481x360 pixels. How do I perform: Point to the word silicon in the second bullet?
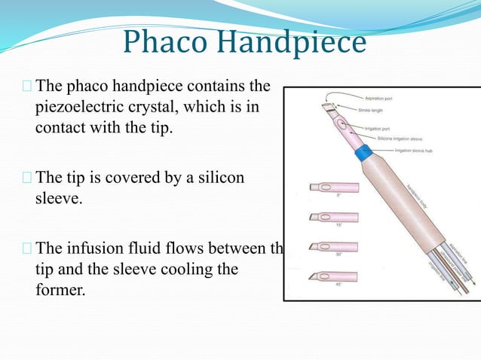[224, 178]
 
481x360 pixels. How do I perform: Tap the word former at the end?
[60, 289]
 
